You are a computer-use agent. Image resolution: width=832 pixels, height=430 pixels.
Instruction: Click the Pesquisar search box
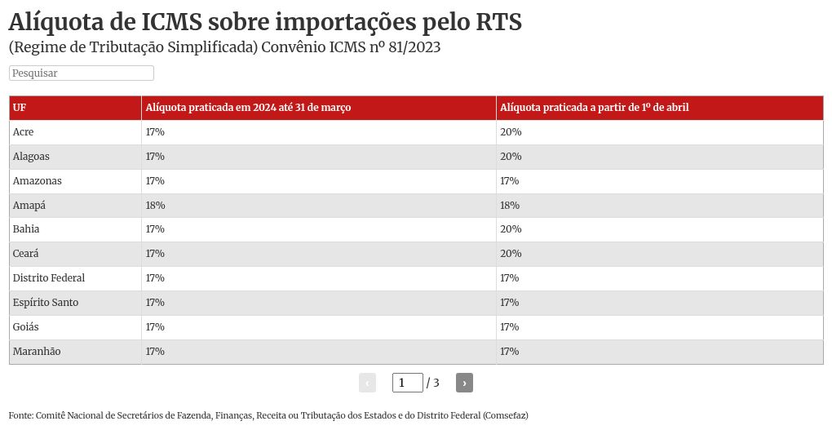[x=82, y=73]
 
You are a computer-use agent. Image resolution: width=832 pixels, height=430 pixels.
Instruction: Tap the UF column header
[x=20, y=108]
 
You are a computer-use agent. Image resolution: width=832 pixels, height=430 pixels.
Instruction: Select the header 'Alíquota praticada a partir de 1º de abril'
[x=595, y=108]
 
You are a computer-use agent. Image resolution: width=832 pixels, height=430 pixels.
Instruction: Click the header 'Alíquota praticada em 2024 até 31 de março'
[x=248, y=108]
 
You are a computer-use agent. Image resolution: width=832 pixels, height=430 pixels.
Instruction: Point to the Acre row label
[x=24, y=132]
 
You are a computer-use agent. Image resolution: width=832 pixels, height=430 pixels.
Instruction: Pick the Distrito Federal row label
[x=49, y=278]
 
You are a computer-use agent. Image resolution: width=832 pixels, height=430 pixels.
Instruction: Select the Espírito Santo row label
[x=46, y=303]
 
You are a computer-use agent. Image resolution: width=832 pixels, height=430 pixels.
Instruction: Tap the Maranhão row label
[x=37, y=352]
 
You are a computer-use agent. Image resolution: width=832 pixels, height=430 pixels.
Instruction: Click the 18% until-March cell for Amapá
[x=155, y=205]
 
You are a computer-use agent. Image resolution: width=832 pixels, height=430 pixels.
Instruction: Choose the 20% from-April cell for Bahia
[x=511, y=229]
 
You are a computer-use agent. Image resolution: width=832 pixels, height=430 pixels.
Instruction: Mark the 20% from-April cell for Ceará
[x=511, y=254]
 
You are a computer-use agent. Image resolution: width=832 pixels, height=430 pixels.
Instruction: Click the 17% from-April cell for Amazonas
[x=510, y=181]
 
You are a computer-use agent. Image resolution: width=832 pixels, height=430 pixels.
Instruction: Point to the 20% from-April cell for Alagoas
[x=511, y=157]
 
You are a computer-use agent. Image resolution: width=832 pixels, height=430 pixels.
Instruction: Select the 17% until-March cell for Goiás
[x=155, y=327]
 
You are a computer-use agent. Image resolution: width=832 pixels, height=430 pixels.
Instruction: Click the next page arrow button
[x=464, y=383]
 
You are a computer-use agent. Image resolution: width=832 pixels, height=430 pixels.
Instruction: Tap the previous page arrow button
[x=367, y=383]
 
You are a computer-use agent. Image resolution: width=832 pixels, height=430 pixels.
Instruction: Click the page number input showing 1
[x=407, y=383]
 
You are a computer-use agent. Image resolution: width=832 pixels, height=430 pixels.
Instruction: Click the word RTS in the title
[x=491, y=22]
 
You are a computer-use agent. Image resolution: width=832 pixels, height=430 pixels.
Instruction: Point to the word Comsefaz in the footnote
[x=505, y=415]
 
